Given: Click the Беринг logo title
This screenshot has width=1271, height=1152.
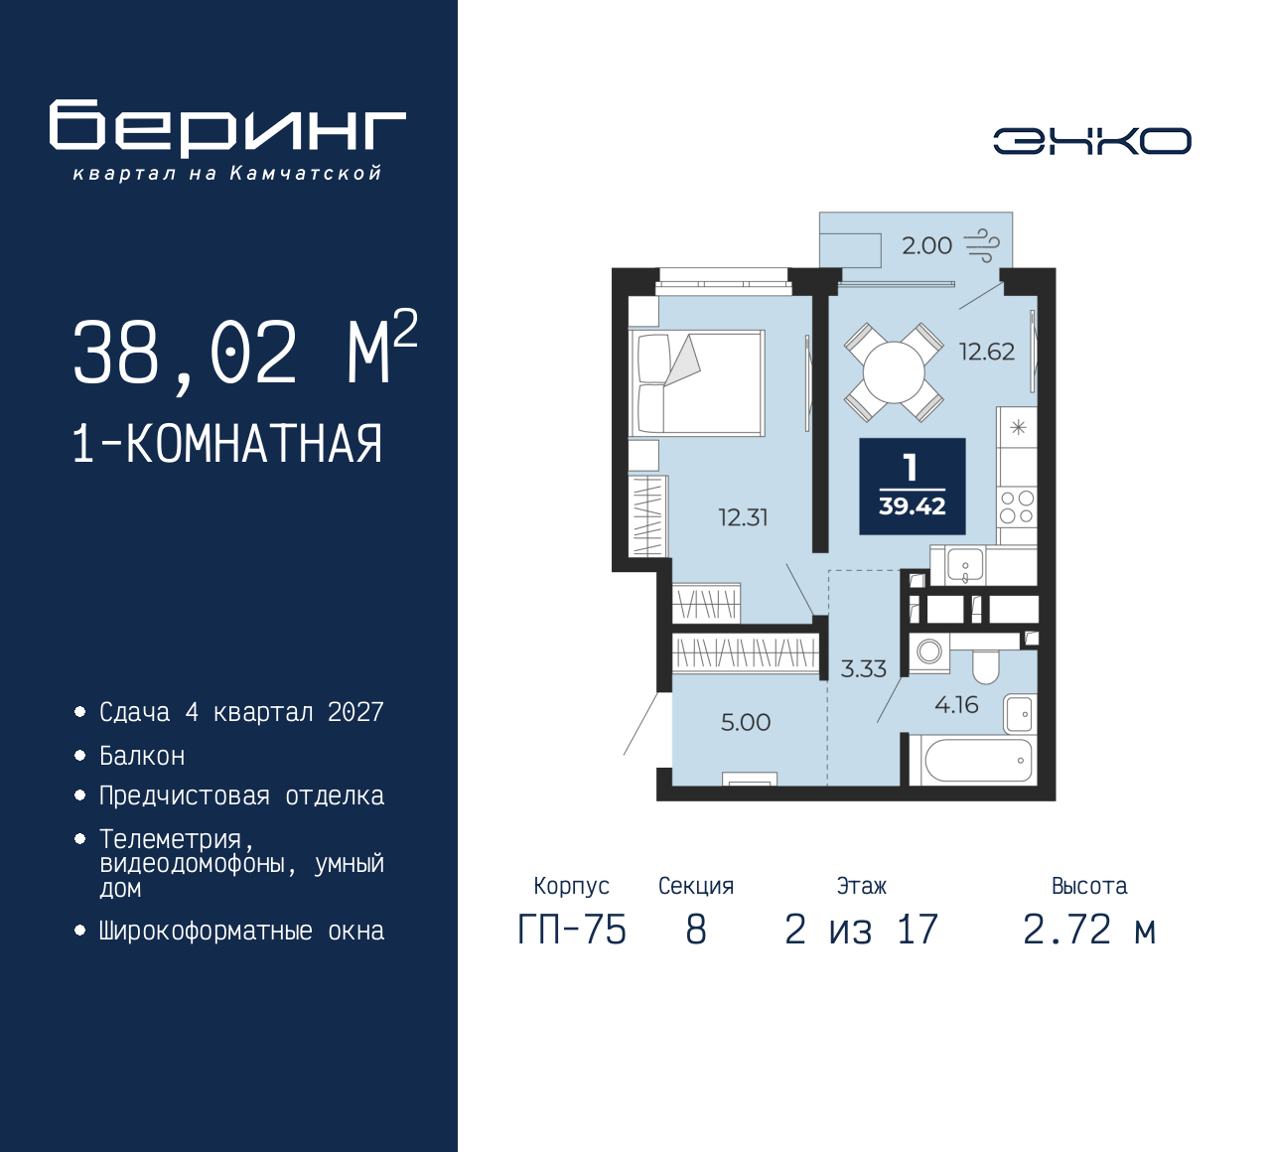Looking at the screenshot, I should click(227, 128).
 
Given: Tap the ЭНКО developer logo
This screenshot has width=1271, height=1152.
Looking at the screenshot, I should click(1091, 141).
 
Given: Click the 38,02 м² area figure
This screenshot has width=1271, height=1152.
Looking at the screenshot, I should click(244, 353).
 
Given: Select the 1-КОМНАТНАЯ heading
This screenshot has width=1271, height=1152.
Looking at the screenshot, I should click(227, 443).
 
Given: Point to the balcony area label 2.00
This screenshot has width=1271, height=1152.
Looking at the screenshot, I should click(926, 245).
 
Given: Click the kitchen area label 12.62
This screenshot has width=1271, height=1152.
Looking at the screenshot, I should click(986, 352).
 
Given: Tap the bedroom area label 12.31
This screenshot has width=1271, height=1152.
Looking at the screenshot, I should click(743, 517).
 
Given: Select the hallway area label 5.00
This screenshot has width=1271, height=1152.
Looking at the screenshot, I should click(746, 723).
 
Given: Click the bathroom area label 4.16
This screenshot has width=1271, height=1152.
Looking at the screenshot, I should click(956, 705).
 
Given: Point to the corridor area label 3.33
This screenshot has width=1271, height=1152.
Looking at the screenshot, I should click(863, 669).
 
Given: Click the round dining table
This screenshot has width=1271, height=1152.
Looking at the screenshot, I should click(894, 372).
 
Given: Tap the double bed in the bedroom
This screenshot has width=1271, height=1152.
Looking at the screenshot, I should click(697, 383).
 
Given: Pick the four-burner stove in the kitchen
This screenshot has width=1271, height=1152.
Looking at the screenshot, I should click(1017, 506).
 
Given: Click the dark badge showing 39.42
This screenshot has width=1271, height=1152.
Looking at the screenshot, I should click(912, 487).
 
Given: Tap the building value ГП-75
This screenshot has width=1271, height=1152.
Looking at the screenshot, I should click(572, 930).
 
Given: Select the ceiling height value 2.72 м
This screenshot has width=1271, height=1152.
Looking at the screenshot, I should click(1089, 930).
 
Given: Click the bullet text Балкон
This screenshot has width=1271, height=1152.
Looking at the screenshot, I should click(142, 757).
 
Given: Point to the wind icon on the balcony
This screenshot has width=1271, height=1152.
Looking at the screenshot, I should click(981, 245).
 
